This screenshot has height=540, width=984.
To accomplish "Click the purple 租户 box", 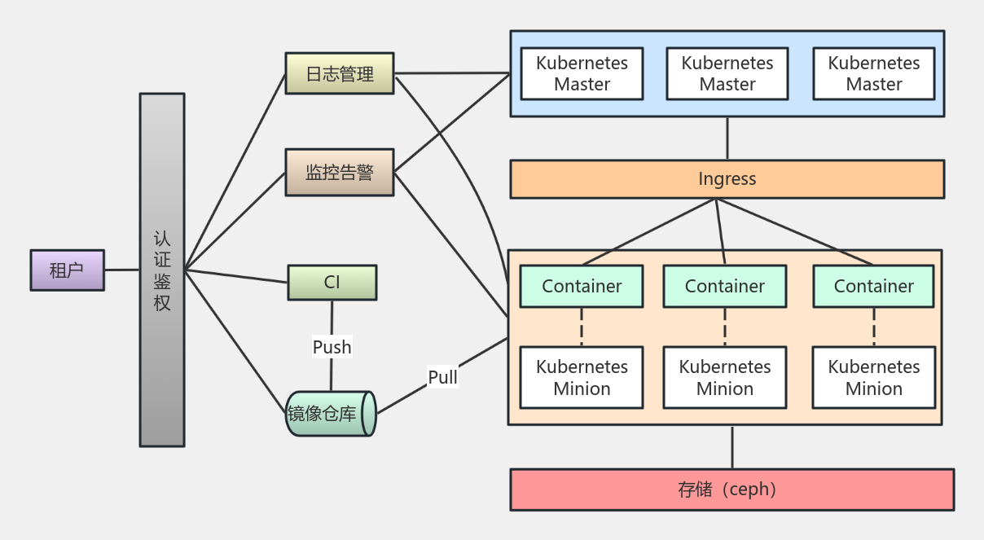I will pos(68,270).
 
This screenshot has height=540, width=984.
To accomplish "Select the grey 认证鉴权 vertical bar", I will pos(162,270).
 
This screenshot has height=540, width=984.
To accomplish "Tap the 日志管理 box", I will pos(340,74).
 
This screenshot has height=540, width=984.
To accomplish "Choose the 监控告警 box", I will pos(340,173).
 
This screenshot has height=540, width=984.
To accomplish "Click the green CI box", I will pos(332,283).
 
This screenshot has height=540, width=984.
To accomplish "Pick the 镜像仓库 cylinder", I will pos(330,414).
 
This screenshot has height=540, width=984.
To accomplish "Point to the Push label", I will pos(332,347).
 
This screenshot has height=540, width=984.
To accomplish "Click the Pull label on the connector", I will pos(442,377).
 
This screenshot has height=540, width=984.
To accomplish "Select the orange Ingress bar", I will pos(727,179).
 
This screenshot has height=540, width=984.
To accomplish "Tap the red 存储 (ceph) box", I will pos(731,490).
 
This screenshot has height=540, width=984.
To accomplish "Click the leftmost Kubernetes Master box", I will pos(582,73).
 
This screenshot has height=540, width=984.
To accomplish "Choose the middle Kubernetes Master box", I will pos(727,73).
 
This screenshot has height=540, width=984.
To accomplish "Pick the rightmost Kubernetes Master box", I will pos(873,73).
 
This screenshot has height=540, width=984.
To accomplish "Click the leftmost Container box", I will pos(582,286).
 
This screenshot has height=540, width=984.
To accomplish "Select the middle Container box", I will pos(725,286).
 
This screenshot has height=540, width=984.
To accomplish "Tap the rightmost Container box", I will pos(873,286).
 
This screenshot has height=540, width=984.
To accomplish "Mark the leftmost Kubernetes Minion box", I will pos(582,377).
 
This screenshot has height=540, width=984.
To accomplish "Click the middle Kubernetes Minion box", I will pos(725,377).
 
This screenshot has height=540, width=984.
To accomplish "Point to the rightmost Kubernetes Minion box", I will pos(873,377).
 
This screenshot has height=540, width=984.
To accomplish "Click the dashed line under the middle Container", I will pos(725,327).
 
